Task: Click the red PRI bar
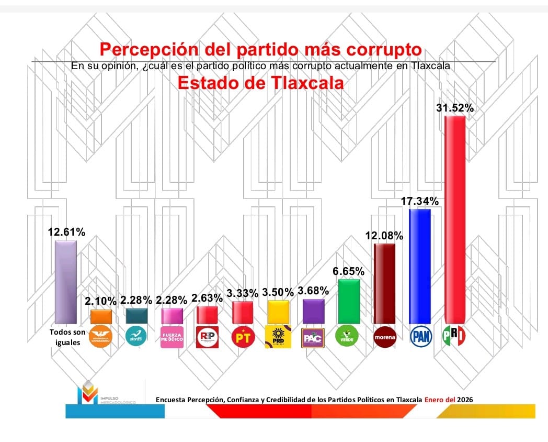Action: coord(454,220)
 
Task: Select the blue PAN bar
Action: coord(419,266)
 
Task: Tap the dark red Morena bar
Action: coord(384,283)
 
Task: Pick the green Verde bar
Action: coord(349,301)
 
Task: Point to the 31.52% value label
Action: coord(454,108)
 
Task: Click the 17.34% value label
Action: coord(419,201)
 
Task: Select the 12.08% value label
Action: coord(384,236)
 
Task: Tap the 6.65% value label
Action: coord(349,271)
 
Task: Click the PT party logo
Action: coord(243,337)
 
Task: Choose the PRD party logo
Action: coord(278,336)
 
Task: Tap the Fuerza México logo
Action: coord(172,337)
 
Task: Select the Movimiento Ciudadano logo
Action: coord(101,336)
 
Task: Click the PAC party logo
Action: coord(314,337)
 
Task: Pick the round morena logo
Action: coord(384,337)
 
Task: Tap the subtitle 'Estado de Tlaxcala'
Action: coord(261,83)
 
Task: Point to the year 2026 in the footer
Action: coord(465,400)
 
